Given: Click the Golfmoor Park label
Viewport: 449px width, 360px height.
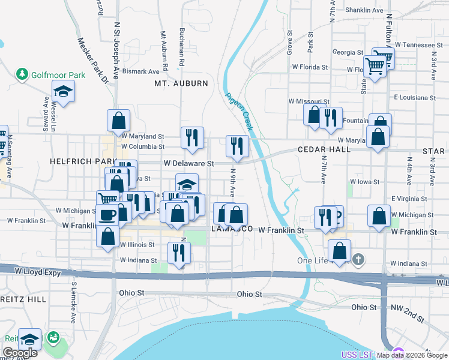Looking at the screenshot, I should point(59,74).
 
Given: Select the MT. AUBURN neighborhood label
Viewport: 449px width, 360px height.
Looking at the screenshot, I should point(181,83).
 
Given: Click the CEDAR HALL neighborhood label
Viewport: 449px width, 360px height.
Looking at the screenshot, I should point(324,149).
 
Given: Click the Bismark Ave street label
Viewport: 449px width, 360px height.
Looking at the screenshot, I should point(141,71).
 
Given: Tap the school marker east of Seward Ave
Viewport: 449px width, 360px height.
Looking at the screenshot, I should point(62,92).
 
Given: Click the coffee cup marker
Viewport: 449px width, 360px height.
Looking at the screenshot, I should point(108,214).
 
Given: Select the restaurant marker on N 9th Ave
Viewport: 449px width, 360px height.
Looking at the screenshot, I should point(237,145).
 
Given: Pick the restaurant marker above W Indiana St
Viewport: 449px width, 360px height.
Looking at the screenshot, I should point(178,251).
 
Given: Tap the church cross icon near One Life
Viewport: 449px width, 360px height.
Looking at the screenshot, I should point(358,260).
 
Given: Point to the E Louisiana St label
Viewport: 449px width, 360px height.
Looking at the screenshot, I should point(414,97).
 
